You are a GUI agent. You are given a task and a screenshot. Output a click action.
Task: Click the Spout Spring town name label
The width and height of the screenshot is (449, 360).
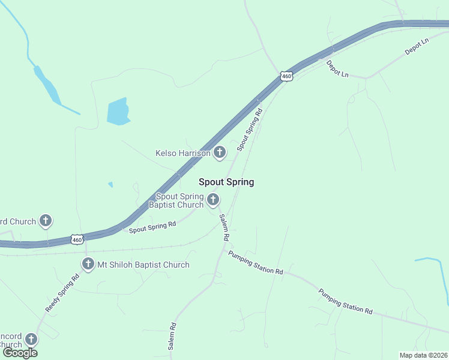[226, 182]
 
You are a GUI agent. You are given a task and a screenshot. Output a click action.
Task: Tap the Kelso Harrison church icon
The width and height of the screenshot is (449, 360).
[220, 152]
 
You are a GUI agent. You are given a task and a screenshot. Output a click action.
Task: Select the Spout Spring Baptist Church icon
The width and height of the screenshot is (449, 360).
[212, 199]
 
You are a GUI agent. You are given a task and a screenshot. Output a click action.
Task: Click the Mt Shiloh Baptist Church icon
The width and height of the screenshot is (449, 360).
[88, 263]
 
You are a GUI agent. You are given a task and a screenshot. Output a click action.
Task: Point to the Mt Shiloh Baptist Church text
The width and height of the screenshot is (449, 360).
[143, 265]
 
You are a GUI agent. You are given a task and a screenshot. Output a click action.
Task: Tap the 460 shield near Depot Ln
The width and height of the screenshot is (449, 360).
[287, 76]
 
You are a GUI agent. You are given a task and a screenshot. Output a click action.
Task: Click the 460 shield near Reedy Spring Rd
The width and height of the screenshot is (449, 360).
[77, 239]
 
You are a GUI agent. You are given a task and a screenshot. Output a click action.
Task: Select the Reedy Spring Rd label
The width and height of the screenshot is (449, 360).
[62, 293]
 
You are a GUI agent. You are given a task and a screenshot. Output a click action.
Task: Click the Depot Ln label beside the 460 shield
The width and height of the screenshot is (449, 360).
[337, 69]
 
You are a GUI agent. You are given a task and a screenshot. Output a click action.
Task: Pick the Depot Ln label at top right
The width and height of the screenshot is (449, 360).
[417, 47]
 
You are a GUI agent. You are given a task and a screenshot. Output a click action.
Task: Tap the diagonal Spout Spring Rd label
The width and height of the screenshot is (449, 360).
[250, 129]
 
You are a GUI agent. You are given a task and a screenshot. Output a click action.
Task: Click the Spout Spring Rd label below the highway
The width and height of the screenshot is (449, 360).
[152, 227]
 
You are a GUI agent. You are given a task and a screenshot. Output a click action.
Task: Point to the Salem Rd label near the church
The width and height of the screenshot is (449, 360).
[224, 227]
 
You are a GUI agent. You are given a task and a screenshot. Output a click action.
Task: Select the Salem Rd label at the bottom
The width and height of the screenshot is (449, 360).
[172, 336]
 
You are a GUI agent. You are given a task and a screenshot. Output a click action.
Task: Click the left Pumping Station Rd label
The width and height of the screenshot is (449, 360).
[255, 263]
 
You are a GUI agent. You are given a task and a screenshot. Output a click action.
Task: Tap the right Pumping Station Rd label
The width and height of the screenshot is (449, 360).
[346, 301]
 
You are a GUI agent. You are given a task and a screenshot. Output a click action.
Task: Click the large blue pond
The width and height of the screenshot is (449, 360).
[118, 112]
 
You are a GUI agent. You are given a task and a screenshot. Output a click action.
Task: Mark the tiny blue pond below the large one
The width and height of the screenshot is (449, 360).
[110, 185]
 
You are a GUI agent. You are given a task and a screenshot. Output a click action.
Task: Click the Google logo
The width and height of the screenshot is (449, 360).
[20, 353]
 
